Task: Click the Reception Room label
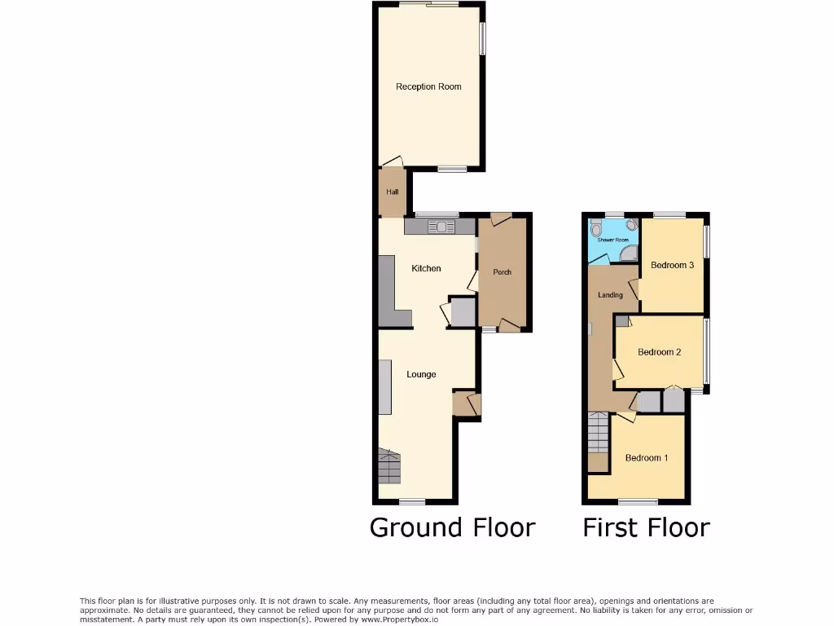coord(428,86)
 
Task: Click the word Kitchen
coord(426,268)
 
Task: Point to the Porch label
coord(503,272)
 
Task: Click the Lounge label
coord(421,374)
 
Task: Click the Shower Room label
coord(613,240)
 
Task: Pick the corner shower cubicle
coord(629,254)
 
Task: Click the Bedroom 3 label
coord(672,265)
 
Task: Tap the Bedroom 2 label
coord(659,352)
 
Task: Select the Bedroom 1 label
coord(647,458)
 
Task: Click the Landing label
coord(610,295)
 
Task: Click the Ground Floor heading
coord(452,527)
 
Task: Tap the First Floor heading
coord(646,527)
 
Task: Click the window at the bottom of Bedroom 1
coord(638,500)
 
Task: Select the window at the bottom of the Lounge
coord(412,500)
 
